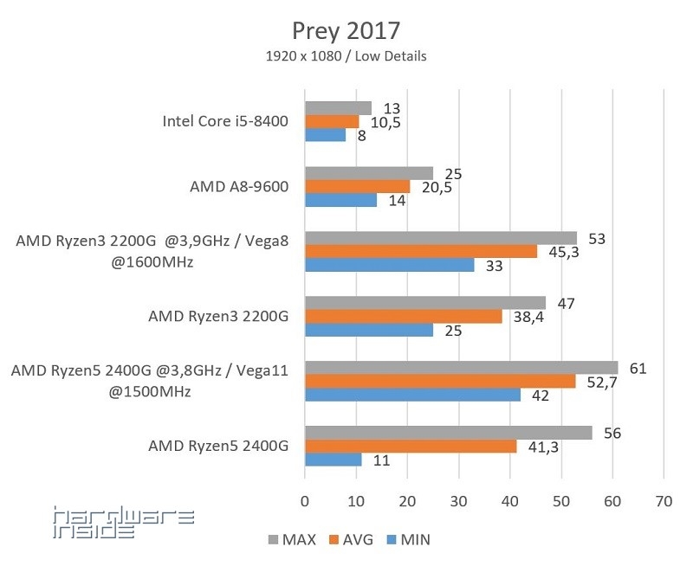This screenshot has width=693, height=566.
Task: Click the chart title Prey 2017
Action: pyautogui.click(x=346, y=31)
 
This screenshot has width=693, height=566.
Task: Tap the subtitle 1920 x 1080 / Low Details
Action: pyautogui.click(x=346, y=57)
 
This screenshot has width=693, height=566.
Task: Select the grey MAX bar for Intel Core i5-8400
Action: pyautogui.click(x=338, y=108)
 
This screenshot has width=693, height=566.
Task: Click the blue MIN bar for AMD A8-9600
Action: pyautogui.click(x=340, y=200)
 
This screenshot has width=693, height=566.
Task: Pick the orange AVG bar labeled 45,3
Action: pyautogui.click(x=420, y=252)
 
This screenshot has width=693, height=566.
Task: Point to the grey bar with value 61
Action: pyautogui.click(x=461, y=368)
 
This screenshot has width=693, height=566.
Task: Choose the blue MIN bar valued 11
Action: pyautogui.click(x=333, y=460)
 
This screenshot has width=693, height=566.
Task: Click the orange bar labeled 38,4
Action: pyautogui.click(x=403, y=317)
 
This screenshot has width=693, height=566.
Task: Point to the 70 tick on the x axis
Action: pyautogui.click(x=664, y=500)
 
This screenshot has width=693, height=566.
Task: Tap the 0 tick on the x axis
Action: pyautogui.click(x=304, y=500)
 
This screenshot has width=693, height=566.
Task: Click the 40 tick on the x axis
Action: pyautogui.click(x=509, y=500)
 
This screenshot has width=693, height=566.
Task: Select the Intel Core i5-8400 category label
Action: pyautogui.click(x=225, y=121)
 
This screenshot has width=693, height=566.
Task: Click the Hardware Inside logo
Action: pyautogui.click(x=123, y=523)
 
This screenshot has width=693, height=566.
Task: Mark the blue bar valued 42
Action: pyautogui.click(x=412, y=395)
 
